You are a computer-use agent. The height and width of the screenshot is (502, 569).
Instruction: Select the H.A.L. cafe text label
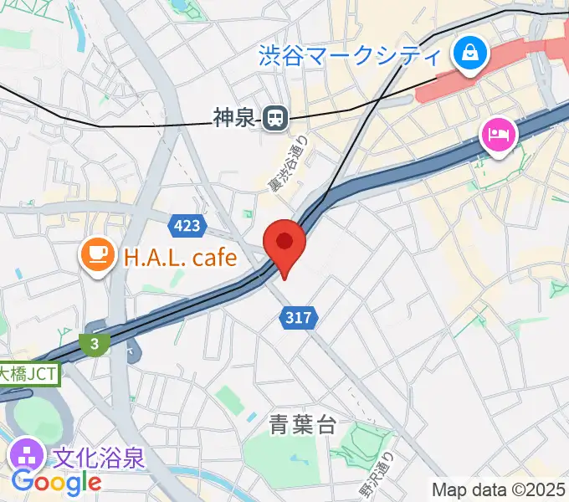click(x=181, y=257)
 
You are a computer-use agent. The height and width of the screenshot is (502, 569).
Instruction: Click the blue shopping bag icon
click(x=469, y=56)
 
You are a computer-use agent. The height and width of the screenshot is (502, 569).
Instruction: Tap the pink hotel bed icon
click(x=498, y=135)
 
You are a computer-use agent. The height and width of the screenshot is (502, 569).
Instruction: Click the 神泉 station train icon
click(x=274, y=119)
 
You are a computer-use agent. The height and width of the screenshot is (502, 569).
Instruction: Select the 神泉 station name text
click(x=233, y=119)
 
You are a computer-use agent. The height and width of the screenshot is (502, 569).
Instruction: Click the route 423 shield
click(x=187, y=225)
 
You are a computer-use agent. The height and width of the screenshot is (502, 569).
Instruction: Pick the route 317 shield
click(x=298, y=317)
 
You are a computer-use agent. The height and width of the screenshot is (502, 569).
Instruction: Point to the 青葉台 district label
click(x=303, y=425)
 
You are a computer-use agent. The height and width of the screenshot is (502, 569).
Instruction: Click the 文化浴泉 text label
click(x=100, y=458)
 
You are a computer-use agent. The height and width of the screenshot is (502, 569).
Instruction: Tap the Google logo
click(x=56, y=483)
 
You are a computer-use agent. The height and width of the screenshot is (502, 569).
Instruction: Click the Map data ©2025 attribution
click(x=498, y=489)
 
